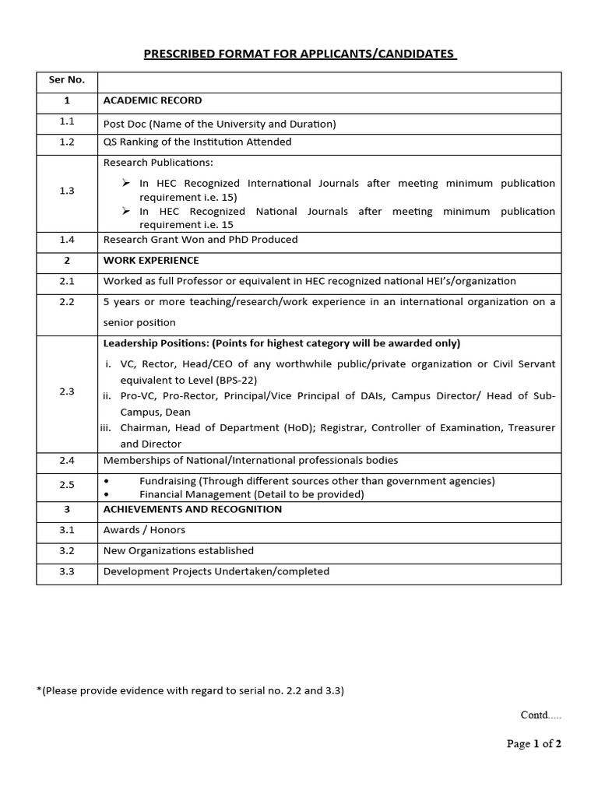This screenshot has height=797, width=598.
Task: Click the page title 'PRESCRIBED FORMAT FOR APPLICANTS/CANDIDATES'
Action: pyautogui.click(x=299, y=54)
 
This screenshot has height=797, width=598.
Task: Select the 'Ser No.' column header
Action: pyautogui.click(x=67, y=79)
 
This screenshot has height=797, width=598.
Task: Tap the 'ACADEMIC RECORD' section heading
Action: pyautogui.click(x=153, y=100)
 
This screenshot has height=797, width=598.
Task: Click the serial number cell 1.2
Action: pyautogui.click(x=67, y=142)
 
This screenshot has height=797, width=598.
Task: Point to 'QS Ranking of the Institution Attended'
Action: pyautogui.click(x=198, y=142)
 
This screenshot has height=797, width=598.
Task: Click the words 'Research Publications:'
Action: pyautogui.click(x=158, y=163)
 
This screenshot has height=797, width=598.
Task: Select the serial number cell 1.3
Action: pyautogui.click(x=67, y=191)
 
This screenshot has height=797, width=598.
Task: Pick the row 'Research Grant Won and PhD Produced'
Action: pyautogui.click(x=200, y=240)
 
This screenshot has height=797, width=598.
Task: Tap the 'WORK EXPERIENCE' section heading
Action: pyautogui.click(x=151, y=260)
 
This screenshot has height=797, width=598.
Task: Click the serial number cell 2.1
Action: pyautogui.click(x=67, y=281)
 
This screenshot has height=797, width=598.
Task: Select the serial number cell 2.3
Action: pyautogui.click(x=67, y=391)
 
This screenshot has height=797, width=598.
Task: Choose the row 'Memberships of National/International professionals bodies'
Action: pyautogui.click(x=251, y=461)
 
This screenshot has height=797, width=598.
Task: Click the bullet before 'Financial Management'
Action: pyautogui.click(x=107, y=494)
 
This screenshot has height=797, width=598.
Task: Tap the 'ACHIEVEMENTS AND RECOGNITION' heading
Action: pyautogui.click(x=193, y=509)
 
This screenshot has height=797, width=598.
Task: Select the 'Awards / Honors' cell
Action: pyautogui.click(x=144, y=530)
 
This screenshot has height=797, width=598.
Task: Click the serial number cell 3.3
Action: pyautogui.click(x=67, y=571)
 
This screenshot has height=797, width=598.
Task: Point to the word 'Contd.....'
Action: pyautogui.click(x=540, y=714)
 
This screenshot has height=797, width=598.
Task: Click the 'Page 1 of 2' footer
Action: pyautogui.click(x=533, y=743)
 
